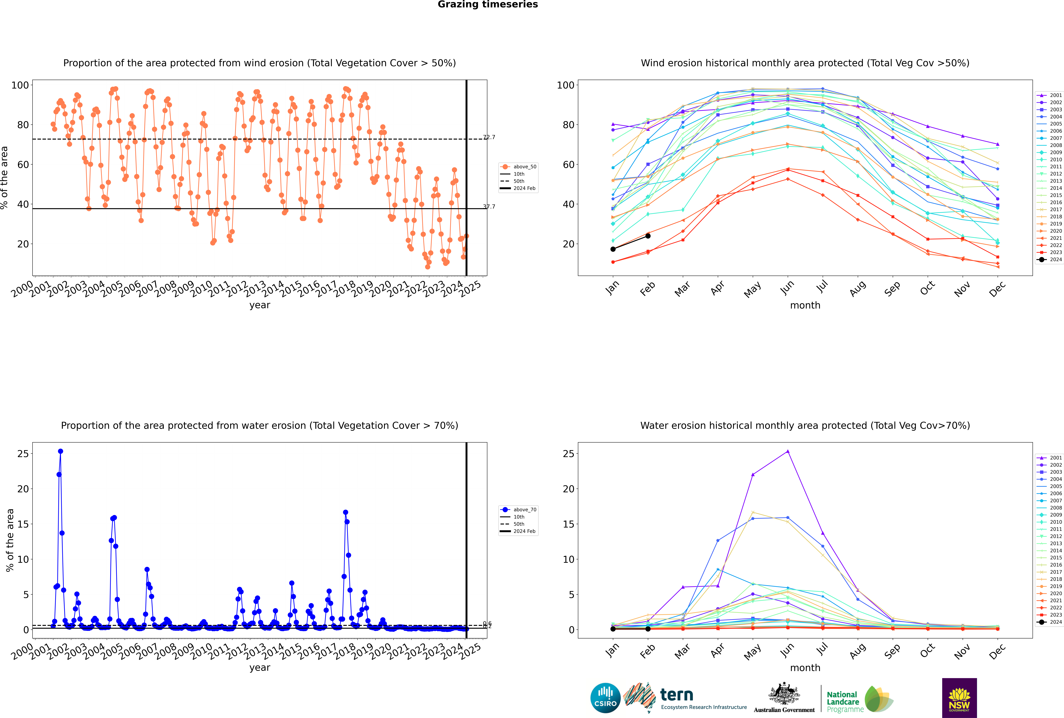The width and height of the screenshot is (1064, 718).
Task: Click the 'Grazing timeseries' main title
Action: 488,5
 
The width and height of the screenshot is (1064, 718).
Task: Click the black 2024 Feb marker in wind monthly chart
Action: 648,236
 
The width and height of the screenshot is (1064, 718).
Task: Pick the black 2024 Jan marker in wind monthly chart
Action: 613,249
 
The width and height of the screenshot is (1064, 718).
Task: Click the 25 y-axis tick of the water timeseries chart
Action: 23,454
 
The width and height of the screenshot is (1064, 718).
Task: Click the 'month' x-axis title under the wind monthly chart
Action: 805,305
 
